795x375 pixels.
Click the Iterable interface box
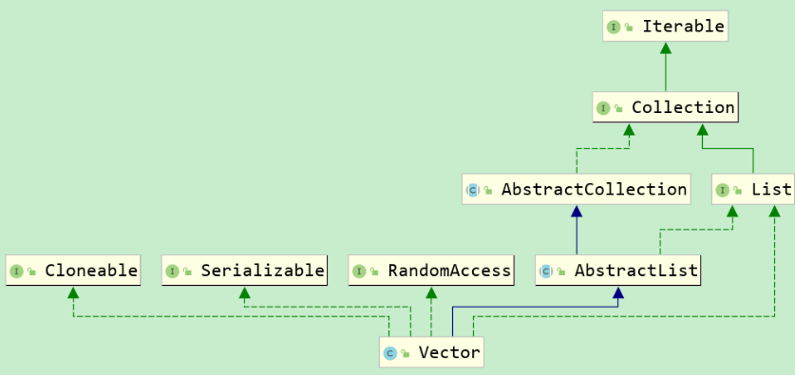[x=665, y=27]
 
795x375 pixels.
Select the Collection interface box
[x=665, y=107]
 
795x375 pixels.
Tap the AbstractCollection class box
[x=576, y=189]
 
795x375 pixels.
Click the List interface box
[x=753, y=189]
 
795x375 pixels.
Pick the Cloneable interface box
[x=73, y=271]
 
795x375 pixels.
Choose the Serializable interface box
[x=244, y=271]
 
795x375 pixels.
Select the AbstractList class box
[x=618, y=271]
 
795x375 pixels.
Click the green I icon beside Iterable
[x=614, y=28]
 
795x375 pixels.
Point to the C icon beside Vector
[x=389, y=354]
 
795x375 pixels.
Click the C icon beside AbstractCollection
[x=472, y=190]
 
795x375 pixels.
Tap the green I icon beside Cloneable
[x=16, y=272]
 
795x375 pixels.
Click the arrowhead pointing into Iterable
[x=665, y=48]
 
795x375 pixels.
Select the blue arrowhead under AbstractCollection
[x=576, y=212]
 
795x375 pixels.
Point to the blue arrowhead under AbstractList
[x=618, y=293]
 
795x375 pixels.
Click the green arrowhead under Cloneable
[x=73, y=293]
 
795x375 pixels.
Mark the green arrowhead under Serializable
[x=244, y=293]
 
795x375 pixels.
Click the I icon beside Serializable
[x=172, y=272]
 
